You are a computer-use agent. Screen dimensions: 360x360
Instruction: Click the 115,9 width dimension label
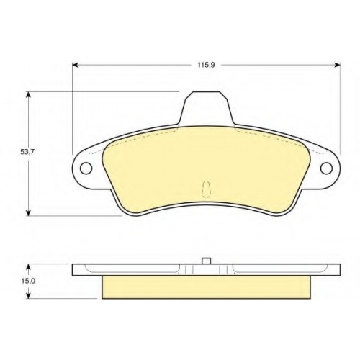pyautogui.click(x=206, y=65)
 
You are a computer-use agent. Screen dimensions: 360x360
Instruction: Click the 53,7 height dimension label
pyautogui.click(x=27, y=152)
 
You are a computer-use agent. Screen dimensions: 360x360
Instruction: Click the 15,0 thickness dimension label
pyautogui.click(x=28, y=281)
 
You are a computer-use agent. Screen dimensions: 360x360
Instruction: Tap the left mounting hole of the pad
pyautogui.click(x=86, y=168)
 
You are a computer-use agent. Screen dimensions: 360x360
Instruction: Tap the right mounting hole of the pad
pyautogui.click(x=326, y=168)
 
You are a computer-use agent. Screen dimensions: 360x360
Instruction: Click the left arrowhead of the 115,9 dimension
pyautogui.click(x=75, y=65)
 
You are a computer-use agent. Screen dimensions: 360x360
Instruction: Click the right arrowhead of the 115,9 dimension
pyautogui.click(x=338, y=65)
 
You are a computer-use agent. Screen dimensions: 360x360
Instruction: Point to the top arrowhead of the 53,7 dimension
pyautogui.click(x=29, y=95)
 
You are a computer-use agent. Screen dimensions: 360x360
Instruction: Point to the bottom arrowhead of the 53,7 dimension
pyautogui.click(x=29, y=212)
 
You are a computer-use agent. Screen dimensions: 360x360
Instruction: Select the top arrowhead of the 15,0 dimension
pyautogui.click(x=29, y=267)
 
